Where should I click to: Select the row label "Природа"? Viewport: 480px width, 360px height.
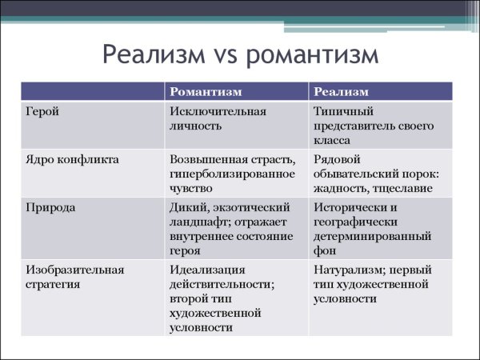[51, 206]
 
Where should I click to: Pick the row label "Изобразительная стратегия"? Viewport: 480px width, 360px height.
[75, 275]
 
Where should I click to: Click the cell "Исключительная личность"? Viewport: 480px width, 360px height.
[218, 118]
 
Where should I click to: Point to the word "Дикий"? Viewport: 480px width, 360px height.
[186, 206]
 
